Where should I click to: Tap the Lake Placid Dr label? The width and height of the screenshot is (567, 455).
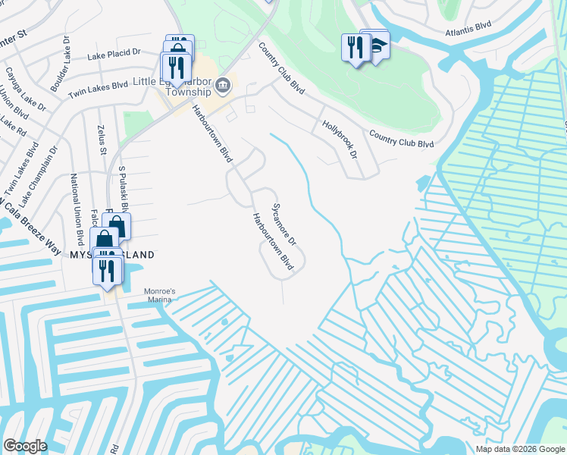pos(114,55)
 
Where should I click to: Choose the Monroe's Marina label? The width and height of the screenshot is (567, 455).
pos(159,295)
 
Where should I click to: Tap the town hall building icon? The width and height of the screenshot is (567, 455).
pos(223,84)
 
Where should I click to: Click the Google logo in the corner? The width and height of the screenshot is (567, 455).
pos(25,445)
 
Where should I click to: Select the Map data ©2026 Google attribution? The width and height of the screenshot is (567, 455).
pos(520,449)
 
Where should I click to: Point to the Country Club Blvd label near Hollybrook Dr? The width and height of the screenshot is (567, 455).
pos(401,139)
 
